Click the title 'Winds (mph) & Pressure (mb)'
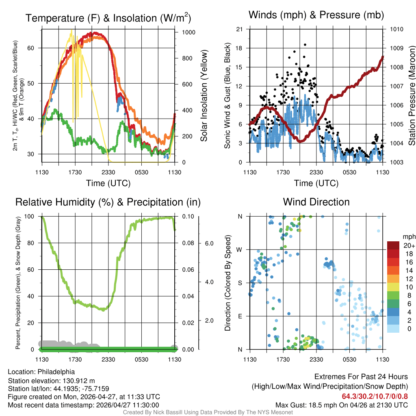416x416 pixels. pyautogui.click(x=316, y=15)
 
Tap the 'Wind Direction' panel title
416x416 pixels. pyautogui.click(x=316, y=202)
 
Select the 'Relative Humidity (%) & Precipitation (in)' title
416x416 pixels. pyautogui.click(x=108, y=202)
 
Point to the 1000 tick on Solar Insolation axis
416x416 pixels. pyautogui.click(x=188, y=32)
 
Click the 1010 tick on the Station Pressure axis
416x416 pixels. pyautogui.click(x=396, y=29)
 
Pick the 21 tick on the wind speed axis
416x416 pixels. pyautogui.click(x=240, y=29)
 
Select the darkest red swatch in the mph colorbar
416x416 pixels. pyautogui.click(x=394, y=245)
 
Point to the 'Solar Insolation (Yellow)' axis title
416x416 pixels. pyautogui.click(x=204, y=96)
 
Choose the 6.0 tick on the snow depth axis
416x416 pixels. pyautogui.click(x=208, y=243)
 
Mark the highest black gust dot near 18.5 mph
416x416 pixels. pyautogui.click(x=305, y=45)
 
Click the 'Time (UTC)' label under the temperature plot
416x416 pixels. pyautogui.click(x=108, y=183)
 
